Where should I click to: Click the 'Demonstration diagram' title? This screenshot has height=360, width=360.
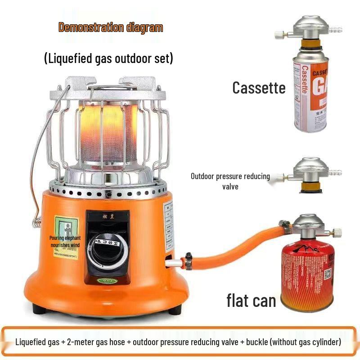(110, 27)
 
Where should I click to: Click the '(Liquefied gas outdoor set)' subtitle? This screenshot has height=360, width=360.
(108, 59)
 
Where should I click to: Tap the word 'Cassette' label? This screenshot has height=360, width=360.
(259, 87)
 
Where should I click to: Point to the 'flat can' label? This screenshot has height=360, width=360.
(251, 300)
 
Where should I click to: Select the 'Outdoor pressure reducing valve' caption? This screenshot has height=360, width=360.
(230, 181)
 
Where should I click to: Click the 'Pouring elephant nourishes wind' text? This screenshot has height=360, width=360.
(67, 241)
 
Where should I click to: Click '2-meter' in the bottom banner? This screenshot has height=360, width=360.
(81, 342)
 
